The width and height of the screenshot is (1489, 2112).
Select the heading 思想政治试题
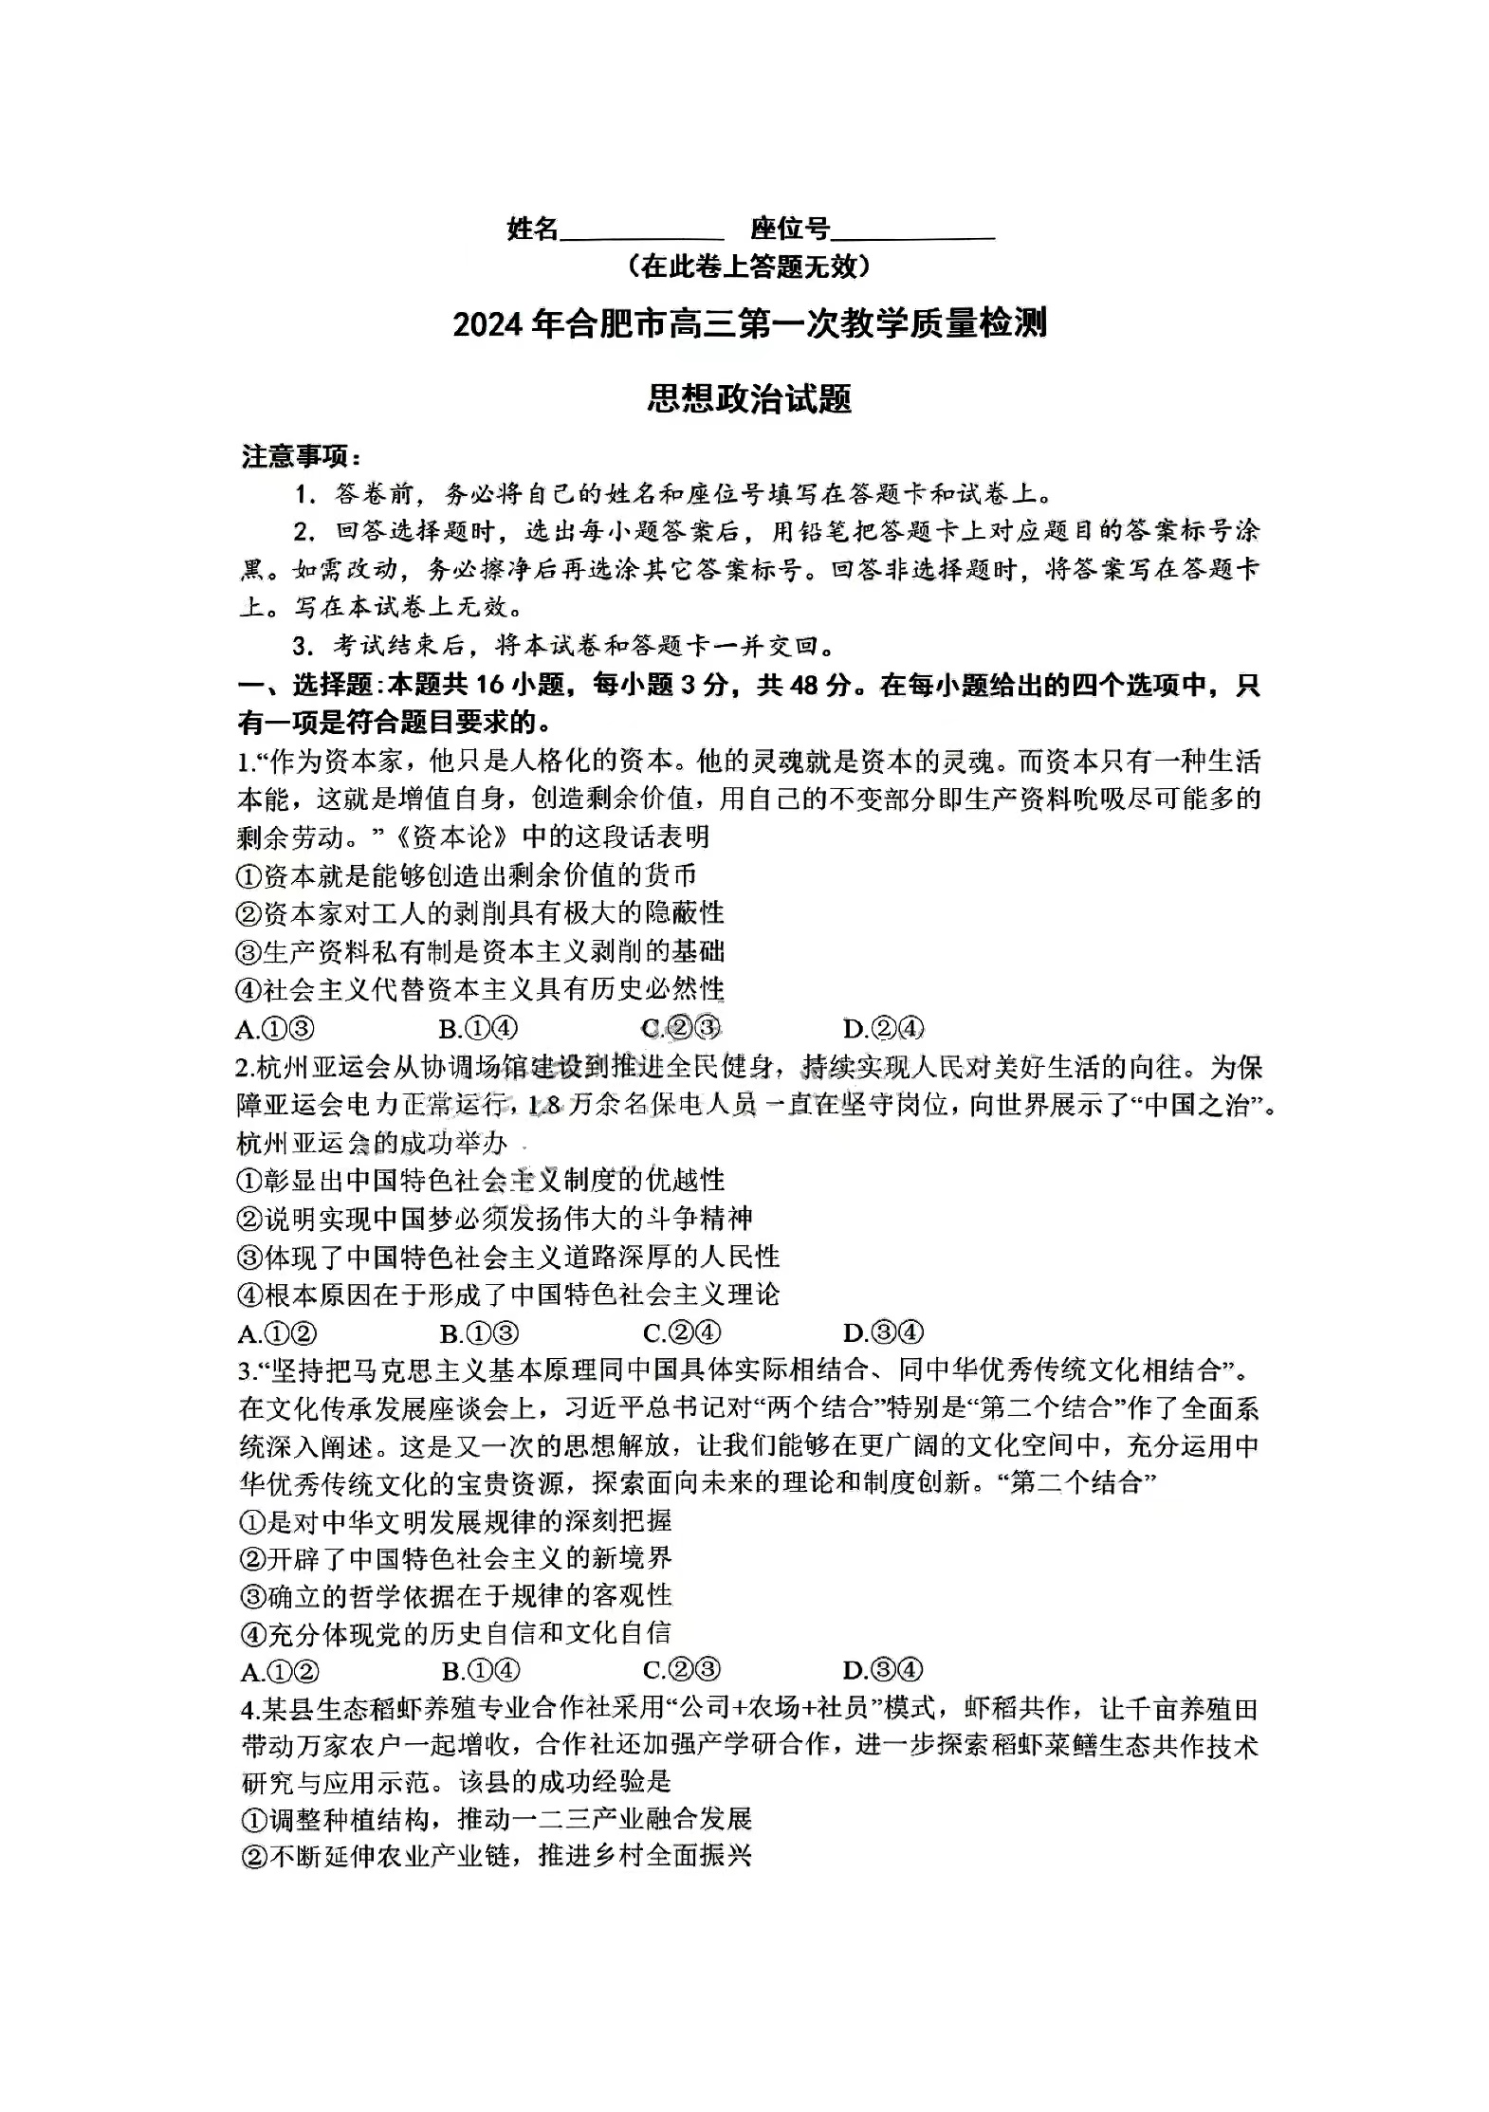pyautogui.click(x=749, y=399)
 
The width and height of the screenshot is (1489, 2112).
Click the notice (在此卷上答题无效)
pyautogui.click(x=749, y=267)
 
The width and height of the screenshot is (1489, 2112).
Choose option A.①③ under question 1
pyautogui.click(x=275, y=1029)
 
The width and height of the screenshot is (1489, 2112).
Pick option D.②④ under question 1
pyautogui.click(x=883, y=1029)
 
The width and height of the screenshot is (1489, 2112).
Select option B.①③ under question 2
pyautogui.click(x=479, y=1333)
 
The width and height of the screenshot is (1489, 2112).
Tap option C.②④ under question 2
pyautogui.click(x=682, y=1333)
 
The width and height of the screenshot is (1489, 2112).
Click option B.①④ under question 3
pyautogui.click(x=481, y=1671)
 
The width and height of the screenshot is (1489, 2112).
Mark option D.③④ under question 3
pyautogui.click(x=883, y=1671)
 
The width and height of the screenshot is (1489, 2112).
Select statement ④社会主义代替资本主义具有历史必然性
pyautogui.click(x=480, y=990)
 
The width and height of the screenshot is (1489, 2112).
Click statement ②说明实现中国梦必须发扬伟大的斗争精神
pyautogui.click(x=494, y=1219)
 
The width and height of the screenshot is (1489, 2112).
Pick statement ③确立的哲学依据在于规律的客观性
pyautogui.click(x=456, y=1596)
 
